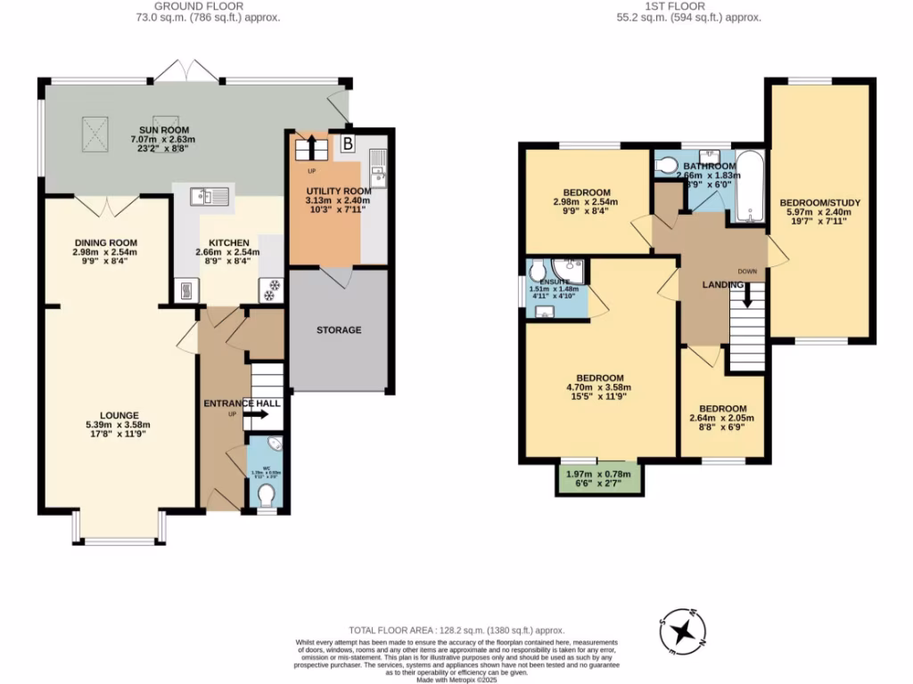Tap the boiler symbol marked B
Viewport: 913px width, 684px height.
[348, 143]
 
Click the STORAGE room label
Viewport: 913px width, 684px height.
[339, 330]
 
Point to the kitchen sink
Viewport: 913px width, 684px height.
[210, 195]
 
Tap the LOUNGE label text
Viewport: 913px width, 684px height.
[119, 415]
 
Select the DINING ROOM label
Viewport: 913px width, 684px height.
[106, 242]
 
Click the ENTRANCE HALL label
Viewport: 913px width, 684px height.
[242, 403]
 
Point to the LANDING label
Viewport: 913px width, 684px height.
[723, 284]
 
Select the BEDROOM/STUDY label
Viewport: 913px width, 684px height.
[823, 202]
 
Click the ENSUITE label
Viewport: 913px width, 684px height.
[548, 281]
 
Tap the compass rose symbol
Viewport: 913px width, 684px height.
[683, 632]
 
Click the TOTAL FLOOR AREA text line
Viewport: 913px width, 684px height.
[456, 630]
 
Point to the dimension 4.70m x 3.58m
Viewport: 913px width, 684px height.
[599, 388]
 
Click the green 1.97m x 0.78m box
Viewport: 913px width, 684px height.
[599, 479]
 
